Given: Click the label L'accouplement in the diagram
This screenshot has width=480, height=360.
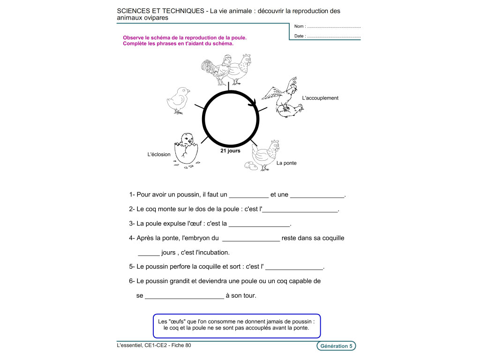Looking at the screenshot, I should pyautogui.click(x=320, y=98).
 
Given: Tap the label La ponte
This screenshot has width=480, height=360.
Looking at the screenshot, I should pyautogui.click(x=286, y=163).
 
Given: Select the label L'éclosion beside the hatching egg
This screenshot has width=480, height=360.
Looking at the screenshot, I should pyautogui.click(x=159, y=154).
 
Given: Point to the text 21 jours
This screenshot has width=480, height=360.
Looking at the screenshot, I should pyautogui.click(x=230, y=151).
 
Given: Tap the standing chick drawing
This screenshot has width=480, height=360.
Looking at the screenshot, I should pyautogui.click(x=179, y=99).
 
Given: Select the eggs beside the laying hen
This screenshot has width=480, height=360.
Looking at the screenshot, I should pyautogui.click(x=250, y=165).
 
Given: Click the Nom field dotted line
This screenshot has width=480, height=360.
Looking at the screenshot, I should pyautogui.click(x=334, y=27).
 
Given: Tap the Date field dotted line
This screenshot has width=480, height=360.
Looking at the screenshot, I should pyautogui.click(x=334, y=36).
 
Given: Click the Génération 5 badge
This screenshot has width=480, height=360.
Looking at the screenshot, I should pyautogui.click(x=336, y=346).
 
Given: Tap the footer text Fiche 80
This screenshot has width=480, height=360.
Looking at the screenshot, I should pyautogui.click(x=181, y=345).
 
